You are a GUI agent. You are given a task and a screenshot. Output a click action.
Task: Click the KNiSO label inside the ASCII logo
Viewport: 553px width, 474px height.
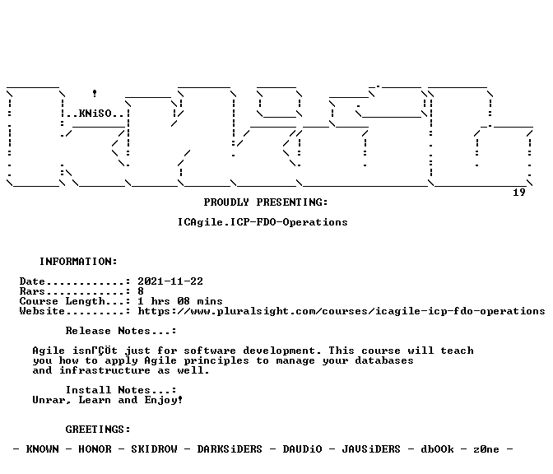95,114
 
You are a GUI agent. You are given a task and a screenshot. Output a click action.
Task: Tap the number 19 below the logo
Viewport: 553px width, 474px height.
518,193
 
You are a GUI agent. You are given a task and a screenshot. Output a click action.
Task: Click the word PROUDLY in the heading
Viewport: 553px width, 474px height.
226,202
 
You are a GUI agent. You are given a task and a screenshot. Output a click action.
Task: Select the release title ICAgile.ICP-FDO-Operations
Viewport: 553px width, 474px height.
263,222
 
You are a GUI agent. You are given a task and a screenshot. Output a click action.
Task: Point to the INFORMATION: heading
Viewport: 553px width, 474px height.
78,262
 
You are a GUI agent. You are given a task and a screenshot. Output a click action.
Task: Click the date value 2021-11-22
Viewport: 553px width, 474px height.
170,281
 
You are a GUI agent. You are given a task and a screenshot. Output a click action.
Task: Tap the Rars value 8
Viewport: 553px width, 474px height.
141,291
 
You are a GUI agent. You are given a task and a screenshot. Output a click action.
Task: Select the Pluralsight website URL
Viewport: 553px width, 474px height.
342,311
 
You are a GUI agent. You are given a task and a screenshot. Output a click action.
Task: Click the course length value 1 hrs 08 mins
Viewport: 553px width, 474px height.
180,301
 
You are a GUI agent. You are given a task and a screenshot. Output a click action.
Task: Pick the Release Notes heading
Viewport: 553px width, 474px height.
121,331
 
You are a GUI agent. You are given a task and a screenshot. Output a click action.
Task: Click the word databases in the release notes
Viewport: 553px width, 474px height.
384,360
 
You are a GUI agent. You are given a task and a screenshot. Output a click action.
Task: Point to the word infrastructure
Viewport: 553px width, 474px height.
105,370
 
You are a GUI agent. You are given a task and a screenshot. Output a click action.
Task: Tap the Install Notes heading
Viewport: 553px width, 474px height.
121,390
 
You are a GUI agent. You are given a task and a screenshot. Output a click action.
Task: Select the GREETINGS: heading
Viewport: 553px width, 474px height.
98,430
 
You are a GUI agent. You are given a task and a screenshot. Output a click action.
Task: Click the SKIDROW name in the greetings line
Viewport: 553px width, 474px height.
154,449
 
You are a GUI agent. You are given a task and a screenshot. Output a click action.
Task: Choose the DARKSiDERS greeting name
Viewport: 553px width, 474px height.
230,449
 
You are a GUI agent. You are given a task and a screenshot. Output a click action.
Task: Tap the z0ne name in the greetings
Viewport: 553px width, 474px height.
486,449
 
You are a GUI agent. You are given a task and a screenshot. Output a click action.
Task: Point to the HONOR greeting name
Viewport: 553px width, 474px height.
95,449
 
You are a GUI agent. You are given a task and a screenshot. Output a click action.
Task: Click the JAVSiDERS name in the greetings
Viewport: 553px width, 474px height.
371,449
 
